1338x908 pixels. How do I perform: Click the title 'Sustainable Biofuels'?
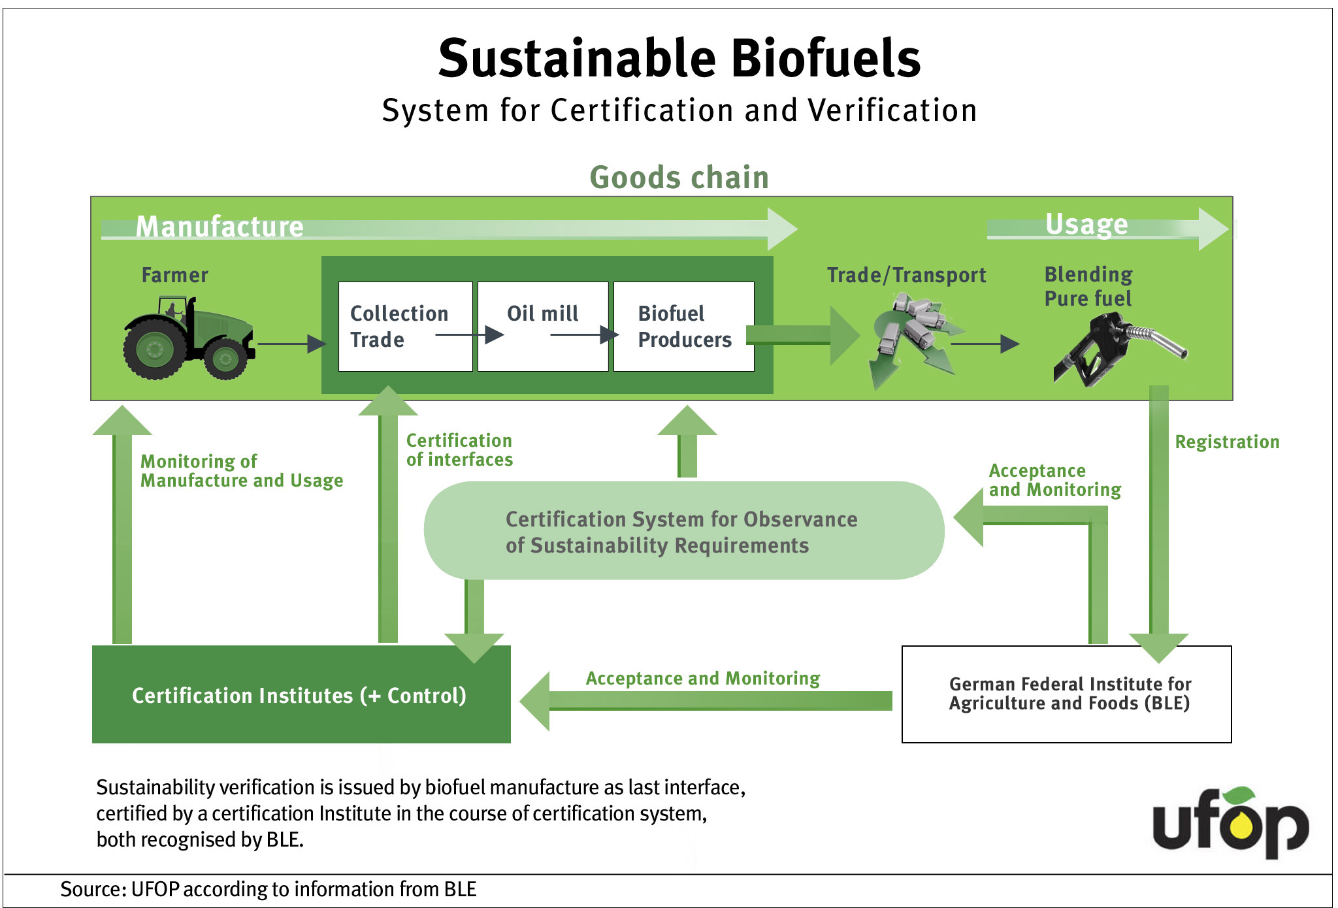coord(679,58)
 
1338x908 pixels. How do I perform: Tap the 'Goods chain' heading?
coord(679,178)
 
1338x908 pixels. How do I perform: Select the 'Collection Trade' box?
coord(406,327)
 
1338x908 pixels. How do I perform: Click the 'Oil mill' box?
coord(543,327)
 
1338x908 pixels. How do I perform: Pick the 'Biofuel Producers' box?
coord(684,327)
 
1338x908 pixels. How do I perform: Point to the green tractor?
coord(188,338)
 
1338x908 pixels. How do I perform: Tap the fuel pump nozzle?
coord(1120,349)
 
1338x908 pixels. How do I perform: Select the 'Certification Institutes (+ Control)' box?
coord(301,694)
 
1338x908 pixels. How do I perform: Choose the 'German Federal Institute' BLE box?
coord(1067,694)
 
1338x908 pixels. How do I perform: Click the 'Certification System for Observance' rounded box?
coord(684,530)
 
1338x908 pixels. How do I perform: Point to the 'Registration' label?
coord(1227,442)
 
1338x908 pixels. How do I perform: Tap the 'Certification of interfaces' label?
coord(459,450)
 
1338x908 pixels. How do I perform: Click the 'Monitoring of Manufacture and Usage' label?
coord(242,471)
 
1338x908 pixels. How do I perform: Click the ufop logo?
coord(1231,823)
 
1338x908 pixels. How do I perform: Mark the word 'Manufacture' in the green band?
coord(220,227)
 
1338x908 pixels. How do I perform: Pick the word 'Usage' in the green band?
coord(1086,224)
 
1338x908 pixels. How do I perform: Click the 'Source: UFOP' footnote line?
coord(269,889)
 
